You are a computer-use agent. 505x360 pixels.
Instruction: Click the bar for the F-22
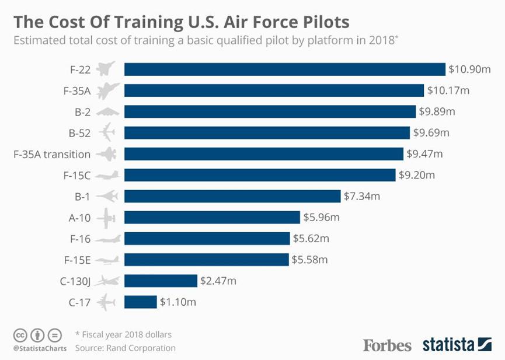pos(284,69)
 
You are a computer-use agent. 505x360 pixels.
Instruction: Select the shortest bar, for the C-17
pos(141,302)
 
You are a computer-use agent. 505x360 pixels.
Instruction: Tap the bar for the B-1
pos(232,196)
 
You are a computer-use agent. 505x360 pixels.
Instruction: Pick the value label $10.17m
pos(448,90)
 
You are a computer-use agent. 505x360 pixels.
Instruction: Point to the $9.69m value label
pos(431,133)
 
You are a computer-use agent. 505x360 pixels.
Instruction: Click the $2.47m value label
pos(218,281)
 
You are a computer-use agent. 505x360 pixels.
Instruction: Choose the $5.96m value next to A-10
pos(321,218)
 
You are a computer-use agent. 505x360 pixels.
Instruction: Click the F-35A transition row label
pos(52,154)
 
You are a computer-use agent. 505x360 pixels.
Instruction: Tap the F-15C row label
pos(76,175)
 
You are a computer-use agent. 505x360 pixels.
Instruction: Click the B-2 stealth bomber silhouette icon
pos(107,112)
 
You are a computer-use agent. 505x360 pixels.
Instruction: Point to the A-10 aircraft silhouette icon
pos(107,218)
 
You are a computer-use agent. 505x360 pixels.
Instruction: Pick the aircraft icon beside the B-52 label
pos(107,133)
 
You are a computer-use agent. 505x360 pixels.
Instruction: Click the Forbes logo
pos(387,345)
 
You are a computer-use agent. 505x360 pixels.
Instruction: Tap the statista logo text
pos(448,345)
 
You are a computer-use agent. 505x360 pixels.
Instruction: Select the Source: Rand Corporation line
pos(125,348)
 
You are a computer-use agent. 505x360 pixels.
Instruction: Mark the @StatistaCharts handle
pos(37,348)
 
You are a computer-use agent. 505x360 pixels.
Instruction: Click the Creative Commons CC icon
pos(20,335)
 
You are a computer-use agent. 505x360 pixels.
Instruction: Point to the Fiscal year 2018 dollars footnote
pos(123,335)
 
